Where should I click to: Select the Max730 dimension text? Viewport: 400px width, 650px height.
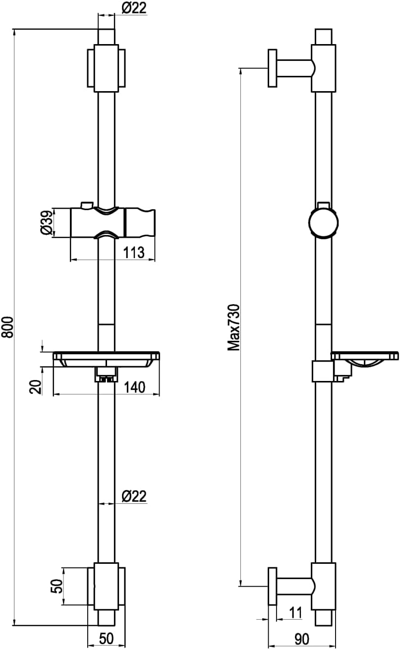[x=233, y=327]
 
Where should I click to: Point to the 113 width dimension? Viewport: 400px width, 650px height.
[x=134, y=253]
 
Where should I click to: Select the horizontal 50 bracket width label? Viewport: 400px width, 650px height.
[x=107, y=639]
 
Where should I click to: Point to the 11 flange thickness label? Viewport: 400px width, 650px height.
[x=295, y=613]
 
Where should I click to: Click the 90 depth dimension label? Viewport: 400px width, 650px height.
[x=301, y=640]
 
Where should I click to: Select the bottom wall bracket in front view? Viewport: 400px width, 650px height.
[x=107, y=587]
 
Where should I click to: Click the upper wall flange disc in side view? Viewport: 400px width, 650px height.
[x=272, y=68]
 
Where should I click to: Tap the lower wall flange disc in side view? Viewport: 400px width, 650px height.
[x=272, y=587]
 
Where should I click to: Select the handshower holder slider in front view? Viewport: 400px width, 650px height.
[x=113, y=223]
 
